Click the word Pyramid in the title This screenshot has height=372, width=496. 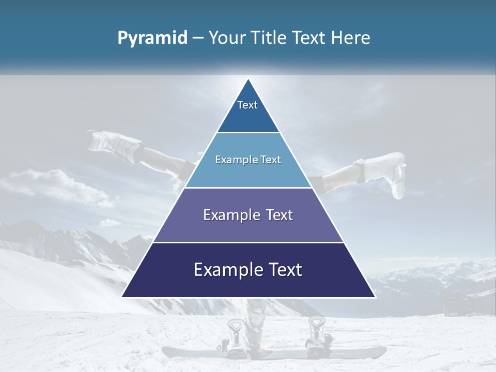pyautogui.click(x=152, y=38)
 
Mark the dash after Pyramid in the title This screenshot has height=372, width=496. pyautogui.click(x=197, y=38)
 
